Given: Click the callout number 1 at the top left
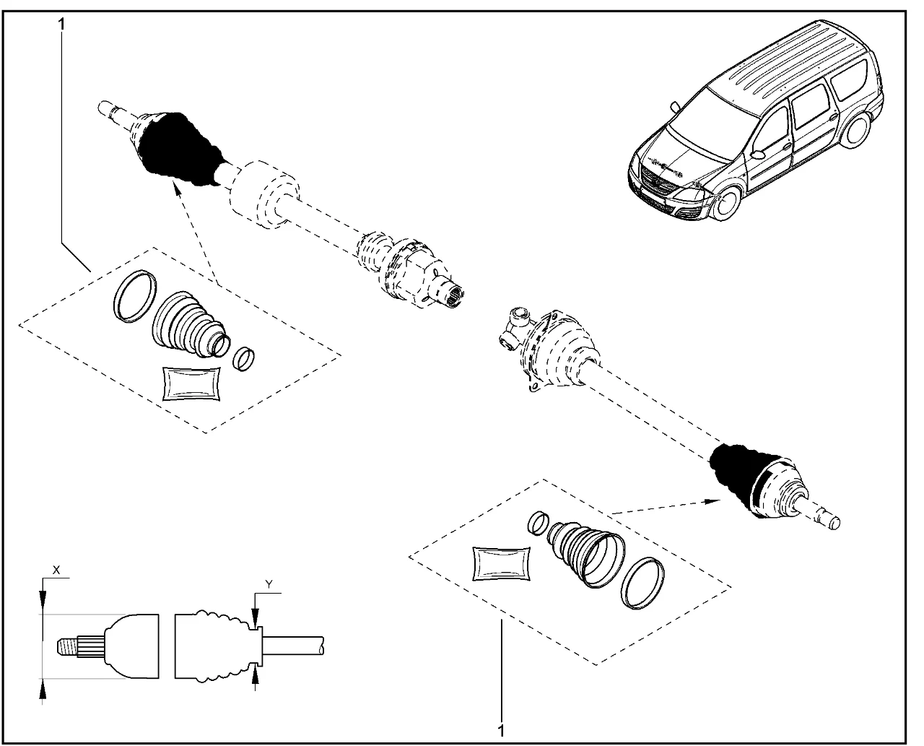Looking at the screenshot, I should pos(61,24).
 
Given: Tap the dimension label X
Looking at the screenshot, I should pos(57,570).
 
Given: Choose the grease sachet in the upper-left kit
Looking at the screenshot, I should pos(191,383).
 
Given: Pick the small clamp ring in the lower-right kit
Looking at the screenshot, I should pos(536,522).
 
